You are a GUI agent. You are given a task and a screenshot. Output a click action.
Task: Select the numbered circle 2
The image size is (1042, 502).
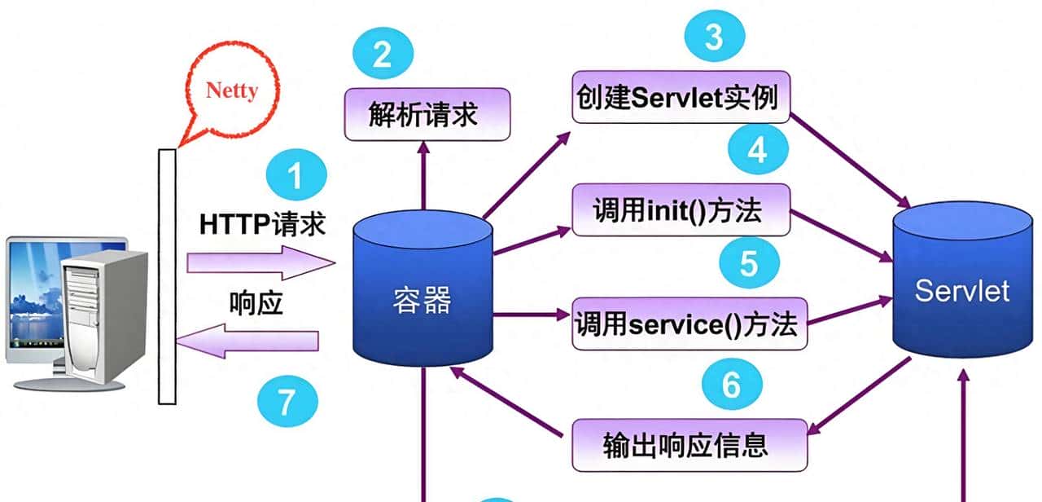click(383, 55)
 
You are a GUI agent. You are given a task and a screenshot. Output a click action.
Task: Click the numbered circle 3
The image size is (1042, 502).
click(713, 37)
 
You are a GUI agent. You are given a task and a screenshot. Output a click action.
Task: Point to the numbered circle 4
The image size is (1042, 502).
click(757, 151)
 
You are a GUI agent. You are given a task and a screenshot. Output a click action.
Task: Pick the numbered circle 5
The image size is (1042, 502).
click(749, 262)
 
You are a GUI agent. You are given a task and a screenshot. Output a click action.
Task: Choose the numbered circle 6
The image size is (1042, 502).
click(731, 384)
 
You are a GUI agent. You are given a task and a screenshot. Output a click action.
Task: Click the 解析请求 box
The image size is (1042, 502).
click(427, 114)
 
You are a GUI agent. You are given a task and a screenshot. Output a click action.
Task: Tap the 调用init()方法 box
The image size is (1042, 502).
click(681, 210)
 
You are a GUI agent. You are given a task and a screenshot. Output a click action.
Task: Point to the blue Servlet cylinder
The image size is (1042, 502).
click(961, 290)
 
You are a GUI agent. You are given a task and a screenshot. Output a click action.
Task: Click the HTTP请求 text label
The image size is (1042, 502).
click(262, 224)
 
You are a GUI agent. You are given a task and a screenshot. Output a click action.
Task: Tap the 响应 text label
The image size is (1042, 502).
click(256, 303)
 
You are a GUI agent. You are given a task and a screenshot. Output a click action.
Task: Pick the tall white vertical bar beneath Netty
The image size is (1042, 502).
click(167, 277)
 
